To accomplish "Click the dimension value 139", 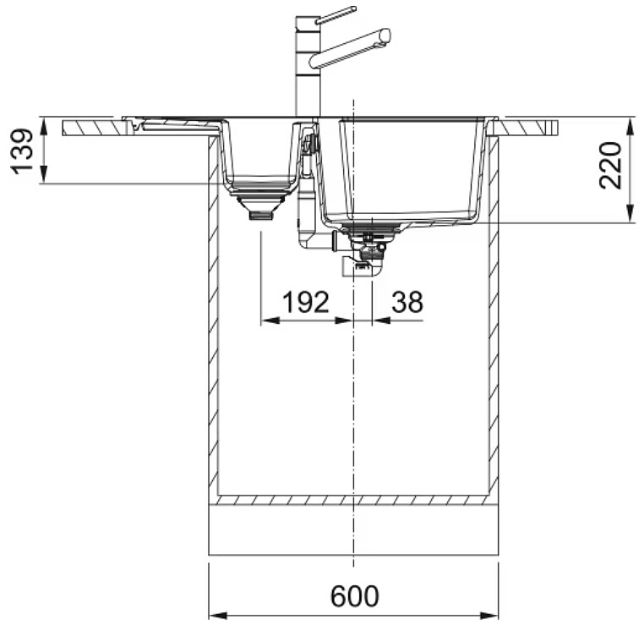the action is coord(21,151).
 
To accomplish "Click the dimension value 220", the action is coord(610,165).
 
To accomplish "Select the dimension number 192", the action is coord(306,302).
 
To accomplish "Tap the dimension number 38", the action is coord(407,302).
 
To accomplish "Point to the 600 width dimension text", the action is coord(354,596).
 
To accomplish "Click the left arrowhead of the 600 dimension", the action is coord(218,616).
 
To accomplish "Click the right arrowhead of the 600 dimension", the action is coord(489,616).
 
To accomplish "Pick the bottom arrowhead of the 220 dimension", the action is coord(630,214).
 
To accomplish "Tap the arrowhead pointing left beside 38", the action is coord(381,321).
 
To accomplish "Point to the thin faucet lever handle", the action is coord(337,14).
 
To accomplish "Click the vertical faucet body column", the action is coord(308,67).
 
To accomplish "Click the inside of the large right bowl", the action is coord(410,168).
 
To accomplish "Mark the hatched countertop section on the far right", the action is coord(527,129).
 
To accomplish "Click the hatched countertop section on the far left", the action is coord(93,129).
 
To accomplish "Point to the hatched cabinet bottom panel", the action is coord(353,500).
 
